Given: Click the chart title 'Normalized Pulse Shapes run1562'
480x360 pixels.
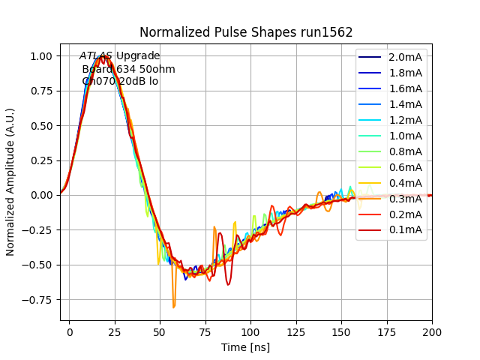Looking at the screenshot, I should tap(246, 32).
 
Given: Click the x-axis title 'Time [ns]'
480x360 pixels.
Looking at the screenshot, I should tap(245, 347).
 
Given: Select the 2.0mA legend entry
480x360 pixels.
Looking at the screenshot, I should tap(405, 57).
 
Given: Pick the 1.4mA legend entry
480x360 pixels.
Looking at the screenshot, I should tap(405, 104).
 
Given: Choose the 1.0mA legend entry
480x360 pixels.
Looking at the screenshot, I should tap(405, 136).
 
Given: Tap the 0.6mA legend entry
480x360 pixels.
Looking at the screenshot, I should tap(405, 167).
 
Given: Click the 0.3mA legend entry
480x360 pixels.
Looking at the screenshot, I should tap(405, 199).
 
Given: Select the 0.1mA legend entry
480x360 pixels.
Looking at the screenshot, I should tap(405, 230).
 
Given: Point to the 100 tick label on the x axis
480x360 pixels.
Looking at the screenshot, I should tap(250, 331).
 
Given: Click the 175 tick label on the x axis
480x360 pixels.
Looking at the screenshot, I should tap(386, 331).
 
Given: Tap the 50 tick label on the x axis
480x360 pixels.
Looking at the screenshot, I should tap(160, 331).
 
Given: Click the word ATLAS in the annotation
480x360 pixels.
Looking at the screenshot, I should tap(96, 55).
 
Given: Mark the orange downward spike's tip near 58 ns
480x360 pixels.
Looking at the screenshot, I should tap(174, 307).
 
